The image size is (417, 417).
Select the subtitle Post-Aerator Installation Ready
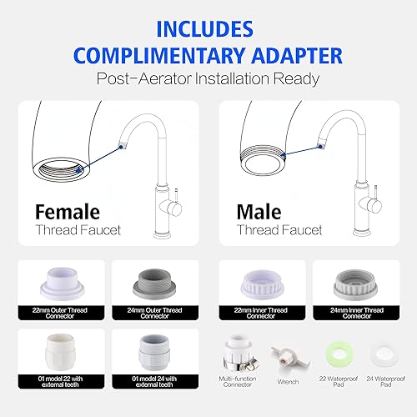pos(208,81)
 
